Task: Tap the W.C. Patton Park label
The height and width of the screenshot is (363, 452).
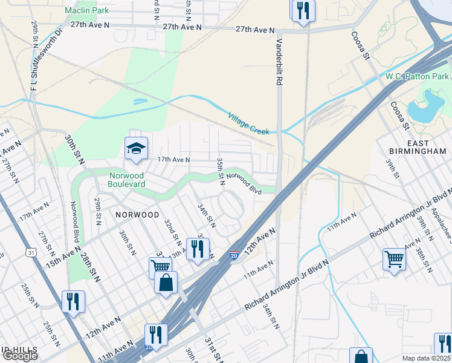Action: pyautogui.click(x=418, y=76)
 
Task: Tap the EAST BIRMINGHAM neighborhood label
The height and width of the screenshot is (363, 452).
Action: pyautogui.click(x=418, y=147)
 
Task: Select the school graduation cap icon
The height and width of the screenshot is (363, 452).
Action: pyautogui.click(x=137, y=147)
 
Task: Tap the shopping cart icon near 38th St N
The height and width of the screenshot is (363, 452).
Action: pyautogui.click(x=394, y=259)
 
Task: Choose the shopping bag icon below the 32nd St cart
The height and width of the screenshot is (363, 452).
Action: pyautogui.click(x=166, y=283)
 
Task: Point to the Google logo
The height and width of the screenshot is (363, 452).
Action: pyautogui.click(x=19, y=356)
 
